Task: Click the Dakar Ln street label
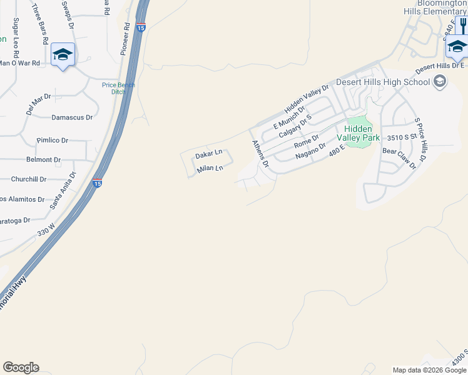point(209,154)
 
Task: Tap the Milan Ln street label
point(210,169)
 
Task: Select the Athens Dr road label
point(260,154)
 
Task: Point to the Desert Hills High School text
point(383,82)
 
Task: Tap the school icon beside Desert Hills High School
point(440,81)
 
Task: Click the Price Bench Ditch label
point(119,88)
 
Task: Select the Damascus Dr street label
point(72,117)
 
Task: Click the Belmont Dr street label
point(44,160)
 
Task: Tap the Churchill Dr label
point(29,179)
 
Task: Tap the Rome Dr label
point(307,141)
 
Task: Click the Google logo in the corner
point(21,367)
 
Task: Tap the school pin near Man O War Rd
point(63,55)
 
